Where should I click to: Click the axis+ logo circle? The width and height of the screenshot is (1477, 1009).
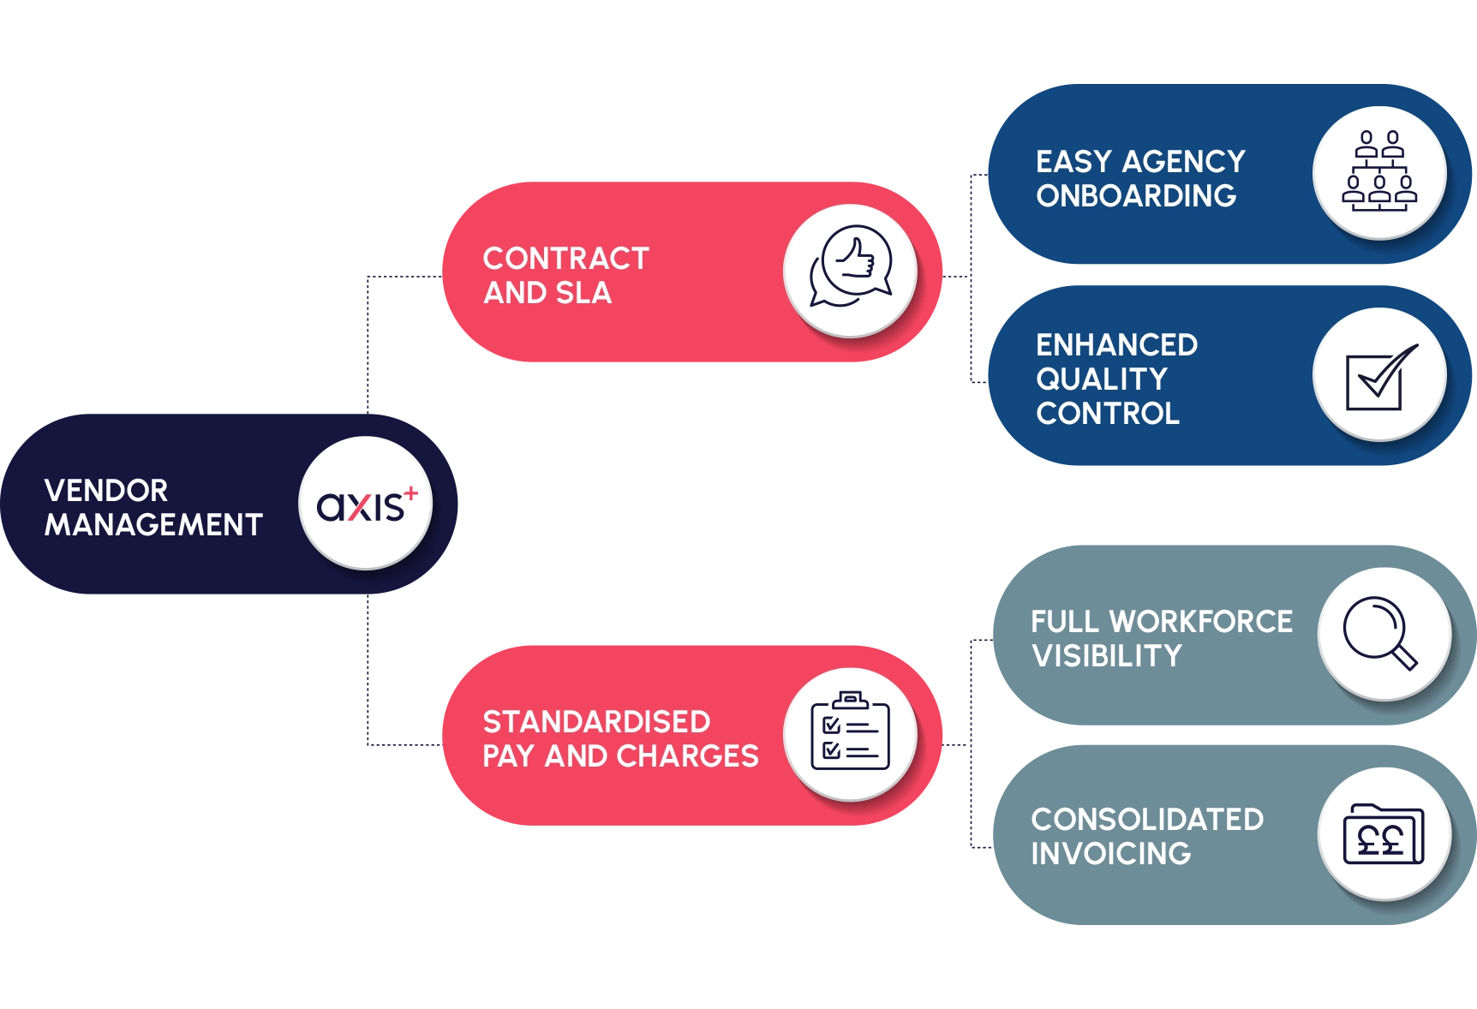point(365,503)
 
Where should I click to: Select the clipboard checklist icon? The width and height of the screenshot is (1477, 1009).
point(850,733)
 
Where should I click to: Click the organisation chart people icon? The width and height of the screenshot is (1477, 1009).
point(1379,172)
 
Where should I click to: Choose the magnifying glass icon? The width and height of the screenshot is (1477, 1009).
point(1381,633)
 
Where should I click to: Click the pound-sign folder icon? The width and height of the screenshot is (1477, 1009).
point(1383,833)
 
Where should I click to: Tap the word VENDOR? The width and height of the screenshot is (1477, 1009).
point(106,491)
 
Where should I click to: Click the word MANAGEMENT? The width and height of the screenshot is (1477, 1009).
point(153,525)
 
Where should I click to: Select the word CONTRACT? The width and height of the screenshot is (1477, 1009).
point(565,259)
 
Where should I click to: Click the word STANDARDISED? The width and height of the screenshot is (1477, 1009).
point(596,722)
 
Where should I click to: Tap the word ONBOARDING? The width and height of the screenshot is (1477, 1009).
point(1136,196)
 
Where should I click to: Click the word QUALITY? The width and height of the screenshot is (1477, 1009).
point(1102,379)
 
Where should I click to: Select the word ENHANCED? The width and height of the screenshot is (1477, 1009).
point(1116,345)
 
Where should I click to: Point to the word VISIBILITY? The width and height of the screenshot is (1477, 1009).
point(1107,656)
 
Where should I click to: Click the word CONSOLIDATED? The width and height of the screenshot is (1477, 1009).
point(1147,820)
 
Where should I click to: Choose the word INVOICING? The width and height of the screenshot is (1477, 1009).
point(1111,854)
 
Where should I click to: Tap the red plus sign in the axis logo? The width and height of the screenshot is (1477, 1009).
point(411,493)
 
